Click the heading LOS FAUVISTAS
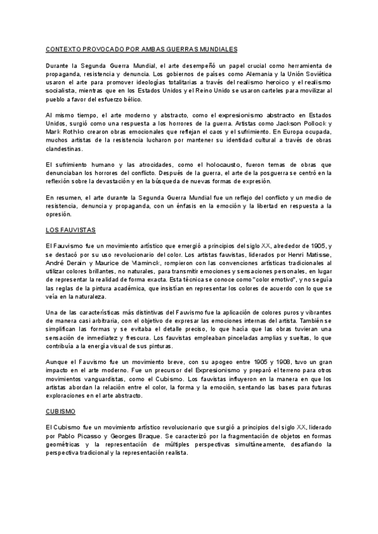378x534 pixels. point(71,231)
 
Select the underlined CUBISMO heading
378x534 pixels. point(60,411)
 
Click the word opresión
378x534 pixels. point(60,214)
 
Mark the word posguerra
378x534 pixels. point(266,173)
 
